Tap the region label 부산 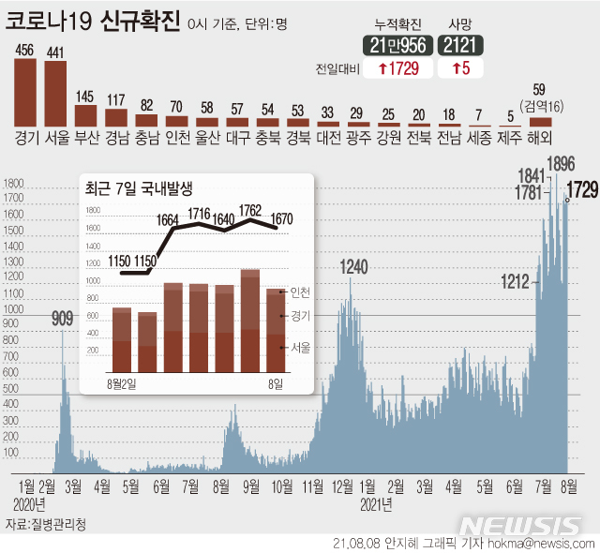click(x=85, y=136)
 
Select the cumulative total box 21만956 click(x=397, y=43)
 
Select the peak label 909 click(x=62, y=319)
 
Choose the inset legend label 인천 click(x=300, y=291)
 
